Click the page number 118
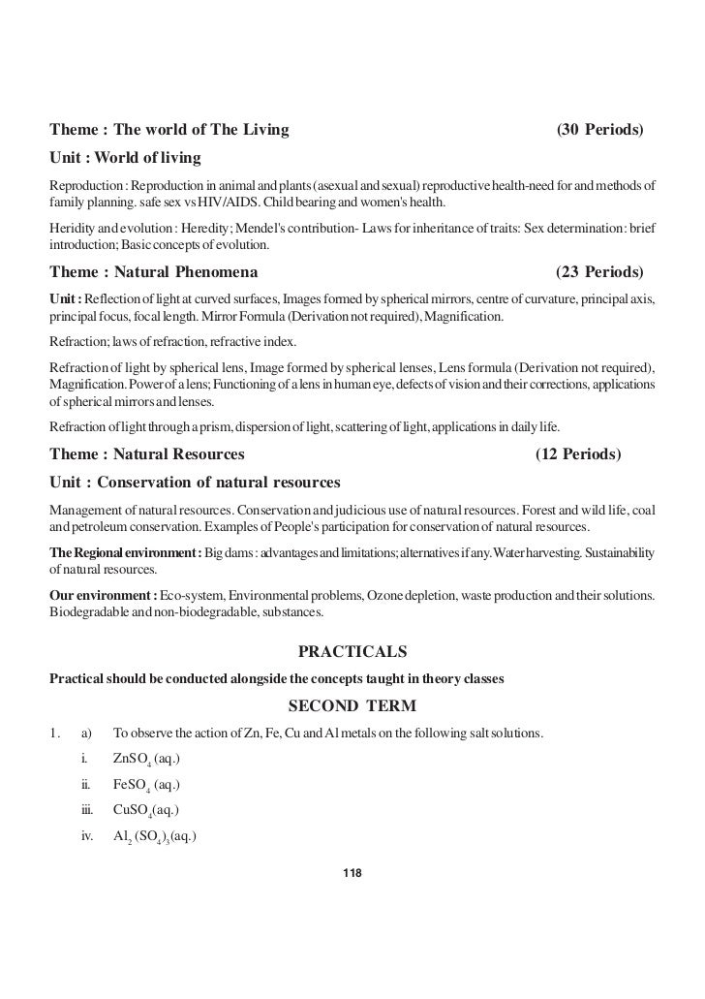click(x=352, y=874)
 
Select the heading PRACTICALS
click(x=352, y=649)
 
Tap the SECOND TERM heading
click(x=352, y=704)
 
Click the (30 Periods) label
click(x=600, y=129)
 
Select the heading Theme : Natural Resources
click(x=146, y=453)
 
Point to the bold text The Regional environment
click(x=125, y=552)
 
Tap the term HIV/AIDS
click(x=225, y=204)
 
